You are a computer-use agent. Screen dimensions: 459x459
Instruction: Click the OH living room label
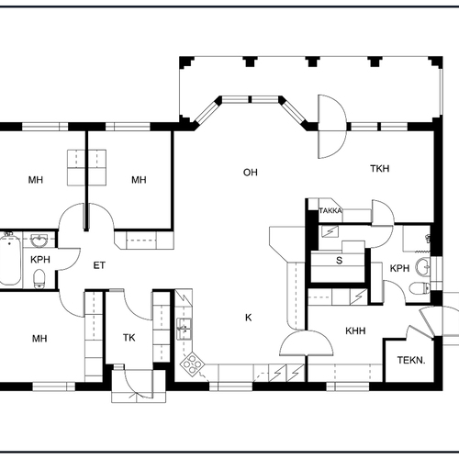[251, 173]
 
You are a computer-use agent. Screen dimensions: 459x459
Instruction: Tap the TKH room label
[380, 169]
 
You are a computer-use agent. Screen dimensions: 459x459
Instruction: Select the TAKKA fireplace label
[330, 211]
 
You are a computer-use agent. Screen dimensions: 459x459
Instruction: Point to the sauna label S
[339, 261]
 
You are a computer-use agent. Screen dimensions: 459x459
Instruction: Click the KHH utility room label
[355, 330]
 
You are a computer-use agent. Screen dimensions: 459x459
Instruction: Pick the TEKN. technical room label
[411, 360]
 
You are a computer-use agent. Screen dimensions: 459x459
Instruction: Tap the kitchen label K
[249, 318]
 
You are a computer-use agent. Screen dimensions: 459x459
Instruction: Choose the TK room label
[129, 338]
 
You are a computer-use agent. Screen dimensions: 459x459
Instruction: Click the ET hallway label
[99, 265]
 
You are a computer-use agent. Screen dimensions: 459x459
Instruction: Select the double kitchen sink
[185, 329]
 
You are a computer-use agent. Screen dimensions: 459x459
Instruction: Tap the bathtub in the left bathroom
[10, 259]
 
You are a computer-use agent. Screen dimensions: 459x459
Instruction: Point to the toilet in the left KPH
[39, 278]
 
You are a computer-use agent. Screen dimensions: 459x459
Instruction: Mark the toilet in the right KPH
[420, 287]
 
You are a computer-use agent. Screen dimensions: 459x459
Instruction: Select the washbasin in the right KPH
[423, 266]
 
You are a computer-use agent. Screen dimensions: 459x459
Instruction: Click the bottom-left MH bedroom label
[39, 339]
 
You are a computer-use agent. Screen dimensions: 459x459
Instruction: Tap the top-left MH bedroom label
[36, 180]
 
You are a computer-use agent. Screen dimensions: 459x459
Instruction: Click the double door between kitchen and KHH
[307, 343]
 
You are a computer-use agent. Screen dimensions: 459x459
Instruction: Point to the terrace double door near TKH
[332, 127]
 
